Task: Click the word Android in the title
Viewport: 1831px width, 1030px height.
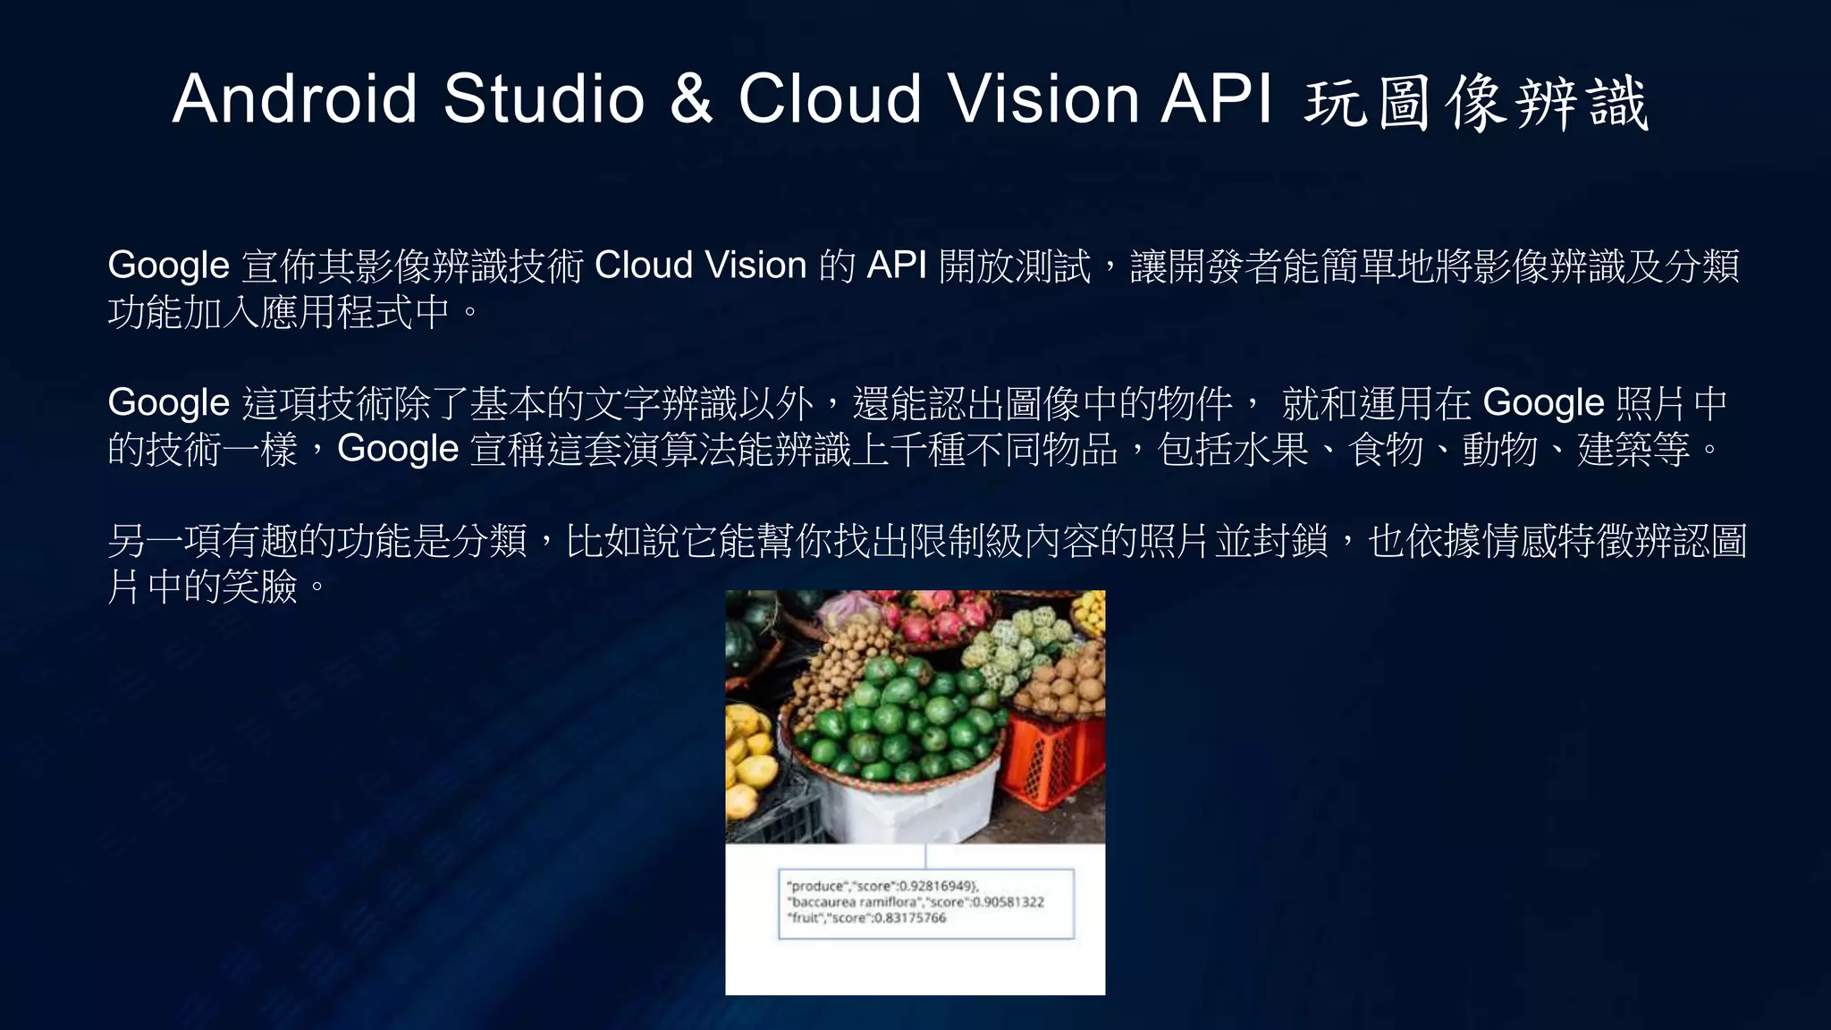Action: [295, 98]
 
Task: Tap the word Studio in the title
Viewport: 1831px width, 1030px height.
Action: [544, 98]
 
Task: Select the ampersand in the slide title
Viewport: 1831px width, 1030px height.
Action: [691, 98]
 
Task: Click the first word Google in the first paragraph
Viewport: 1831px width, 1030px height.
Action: [168, 266]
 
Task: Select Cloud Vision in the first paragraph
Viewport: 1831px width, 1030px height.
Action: [700, 266]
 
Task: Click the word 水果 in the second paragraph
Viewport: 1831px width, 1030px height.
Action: [1270, 449]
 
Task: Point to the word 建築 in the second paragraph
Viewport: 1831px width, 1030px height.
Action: [1615, 449]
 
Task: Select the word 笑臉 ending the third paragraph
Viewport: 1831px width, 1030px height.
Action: [259, 587]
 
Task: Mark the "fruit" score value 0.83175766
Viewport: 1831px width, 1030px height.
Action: [909, 918]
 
